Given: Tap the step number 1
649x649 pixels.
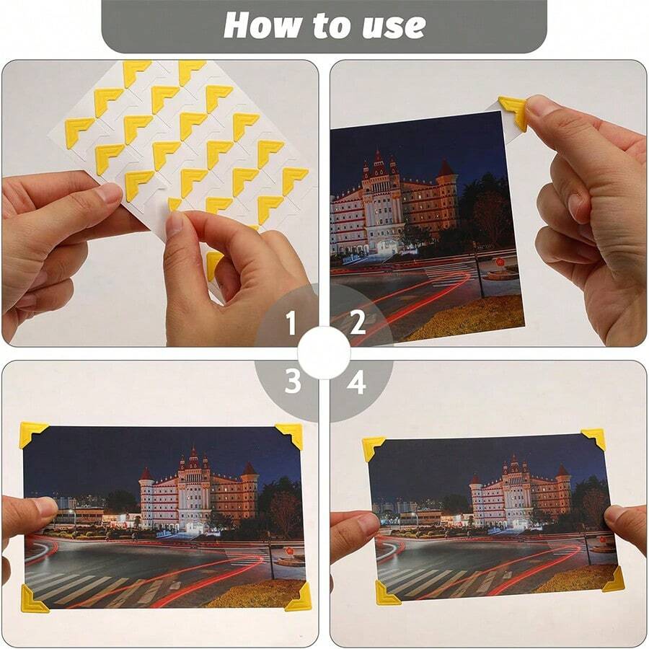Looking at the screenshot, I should pos(291,324).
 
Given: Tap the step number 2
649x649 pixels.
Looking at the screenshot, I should pos(358,324).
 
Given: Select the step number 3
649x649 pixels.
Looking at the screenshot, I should pos(291,382).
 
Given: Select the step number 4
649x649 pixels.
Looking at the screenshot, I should pos(356,382).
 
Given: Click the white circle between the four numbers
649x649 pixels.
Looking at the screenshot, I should pos(324,353).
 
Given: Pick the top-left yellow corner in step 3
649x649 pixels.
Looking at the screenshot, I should pos(32,434).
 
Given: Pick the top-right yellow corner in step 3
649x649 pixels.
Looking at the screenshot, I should pos(291,434).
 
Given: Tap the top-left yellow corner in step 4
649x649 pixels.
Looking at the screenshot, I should pos(372,447).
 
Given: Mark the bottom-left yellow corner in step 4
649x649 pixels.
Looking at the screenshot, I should pos(385,594).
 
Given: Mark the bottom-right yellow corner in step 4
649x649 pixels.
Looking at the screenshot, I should pos(614,580).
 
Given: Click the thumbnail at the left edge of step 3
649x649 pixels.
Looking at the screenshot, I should pos(45,507).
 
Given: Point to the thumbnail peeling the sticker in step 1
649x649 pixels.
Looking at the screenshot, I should pos(175,224).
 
